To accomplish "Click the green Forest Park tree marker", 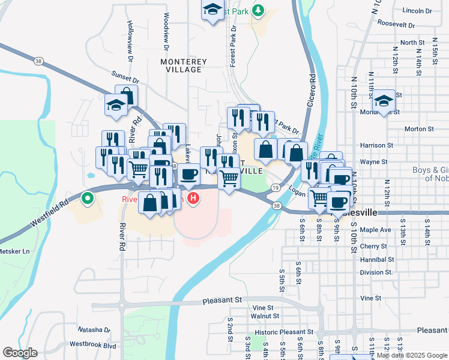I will click(258, 10).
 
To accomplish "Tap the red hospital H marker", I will click(193, 197).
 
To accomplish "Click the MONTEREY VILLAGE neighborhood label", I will click(184, 65).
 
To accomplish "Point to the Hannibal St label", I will click(378, 260).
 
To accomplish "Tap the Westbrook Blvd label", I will click(92, 344).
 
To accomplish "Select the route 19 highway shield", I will click(275, 188).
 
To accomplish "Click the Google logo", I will click(20, 353).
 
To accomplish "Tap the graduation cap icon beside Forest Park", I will click(212, 10).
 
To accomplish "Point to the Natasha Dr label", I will click(94, 329).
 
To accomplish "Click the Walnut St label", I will click(262, 315).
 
